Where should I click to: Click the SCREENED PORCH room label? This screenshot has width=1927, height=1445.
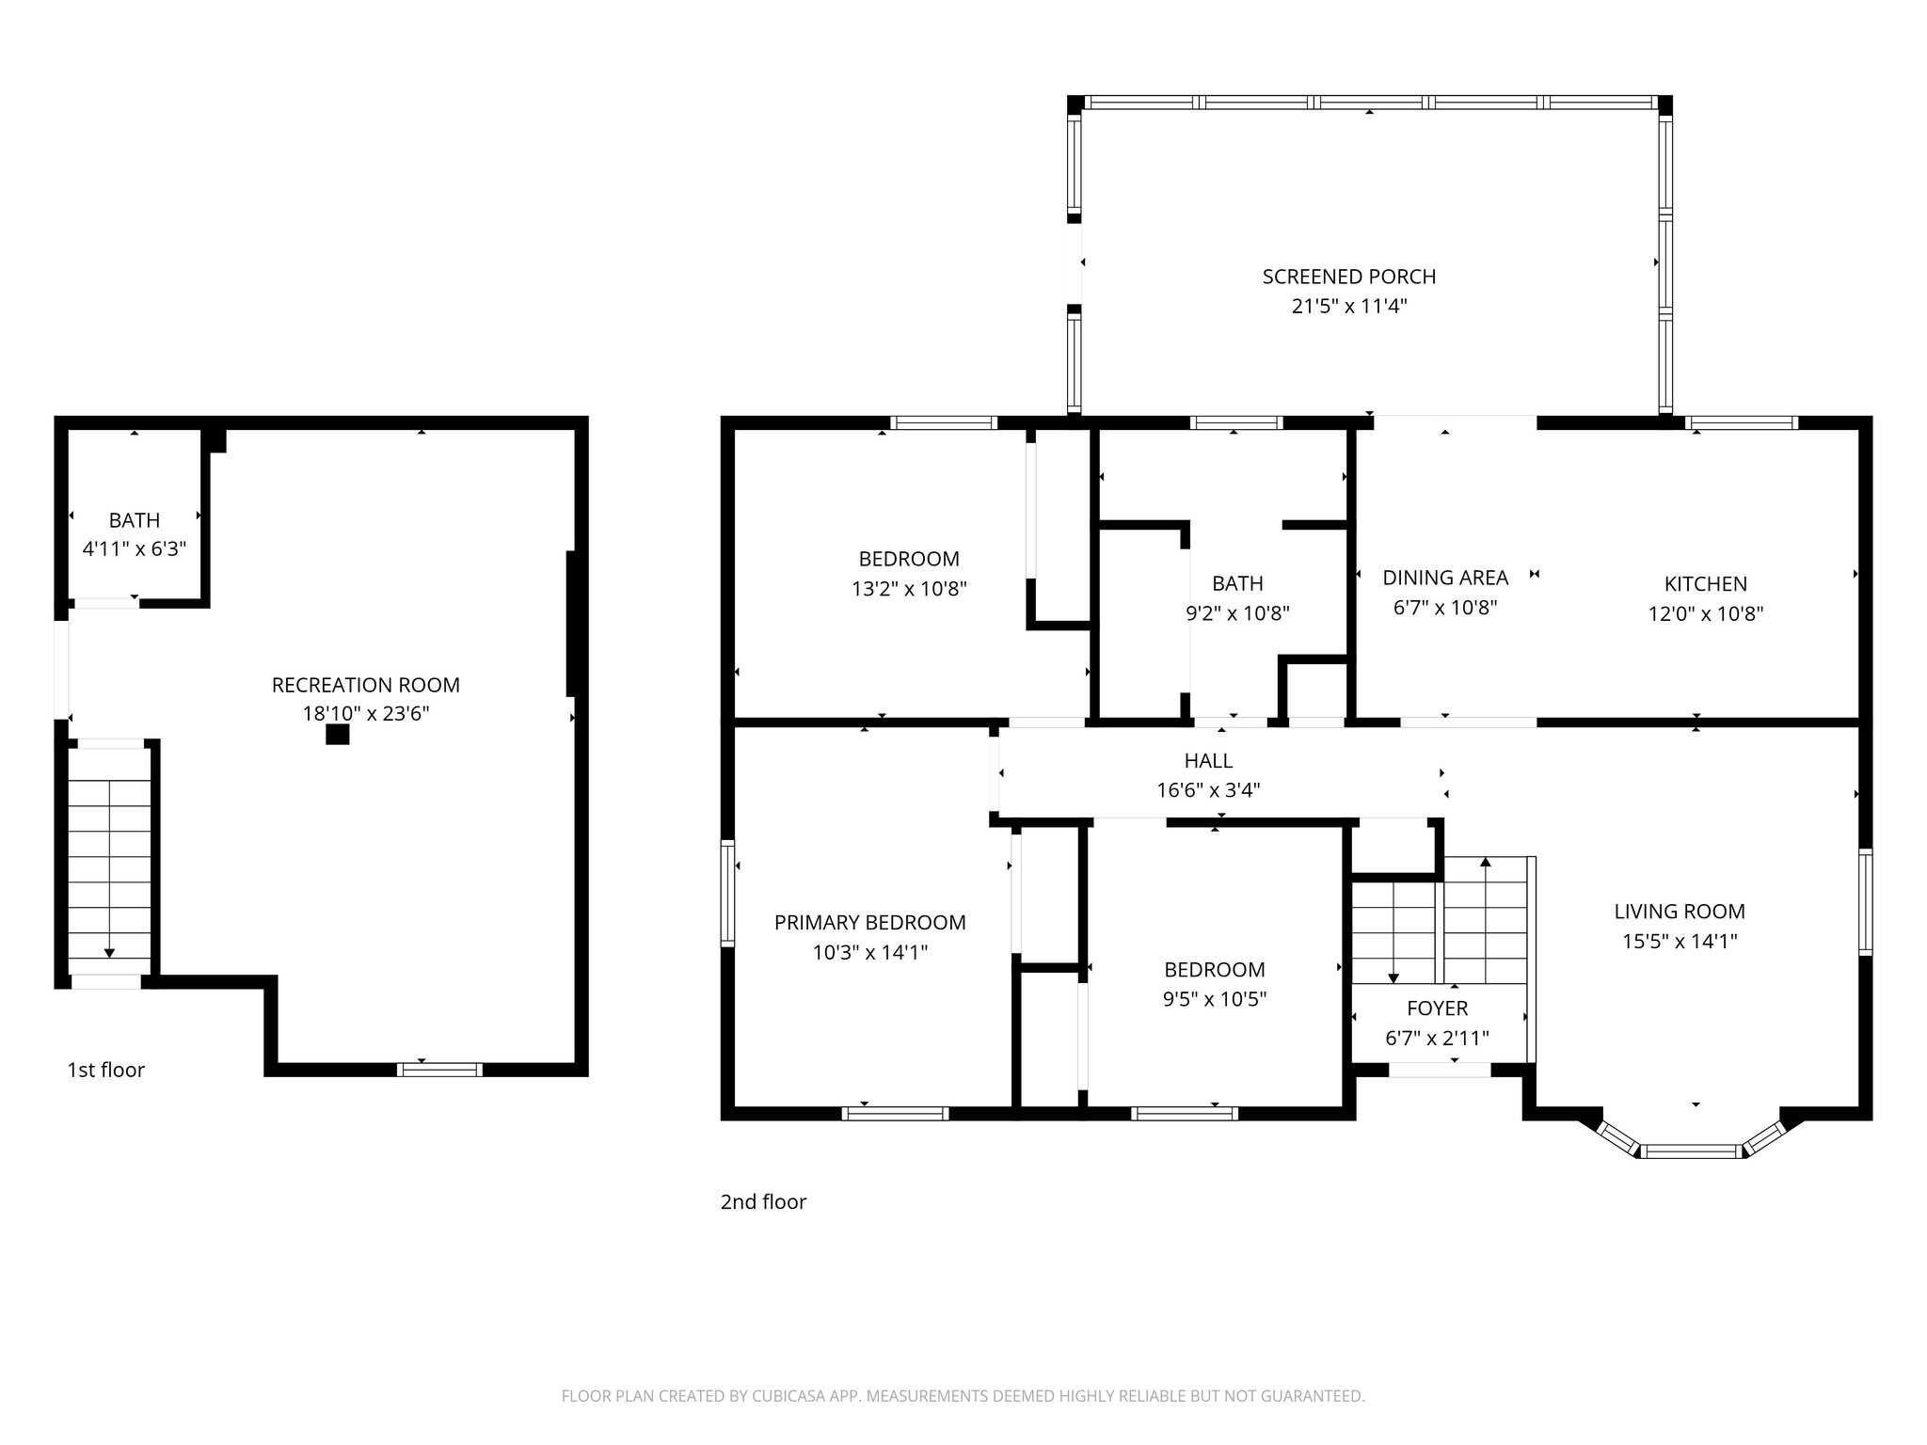(x=1348, y=277)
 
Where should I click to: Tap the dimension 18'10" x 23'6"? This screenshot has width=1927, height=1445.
(x=365, y=714)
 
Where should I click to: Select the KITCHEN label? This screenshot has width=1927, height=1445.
(x=1705, y=584)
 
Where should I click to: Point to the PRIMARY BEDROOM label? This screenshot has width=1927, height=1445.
(x=869, y=923)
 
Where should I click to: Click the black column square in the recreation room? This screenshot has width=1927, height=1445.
(x=337, y=735)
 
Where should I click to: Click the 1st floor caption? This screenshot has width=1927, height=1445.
(x=105, y=1070)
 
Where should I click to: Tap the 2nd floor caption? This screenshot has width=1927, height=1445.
(x=763, y=1201)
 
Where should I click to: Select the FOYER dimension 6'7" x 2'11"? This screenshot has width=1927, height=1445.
(x=1437, y=1039)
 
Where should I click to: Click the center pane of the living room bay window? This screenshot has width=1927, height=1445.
(x=1691, y=1151)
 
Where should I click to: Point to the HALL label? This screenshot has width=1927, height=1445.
(x=1208, y=760)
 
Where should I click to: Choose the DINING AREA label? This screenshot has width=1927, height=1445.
(x=1444, y=578)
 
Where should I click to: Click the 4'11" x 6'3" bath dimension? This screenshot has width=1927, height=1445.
(x=135, y=548)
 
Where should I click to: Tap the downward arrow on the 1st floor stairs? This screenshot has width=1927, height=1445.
(x=109, y=951)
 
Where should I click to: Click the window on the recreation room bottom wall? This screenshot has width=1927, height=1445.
(x=439, y=1069)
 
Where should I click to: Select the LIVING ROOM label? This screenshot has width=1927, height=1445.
(x=1680, y=912)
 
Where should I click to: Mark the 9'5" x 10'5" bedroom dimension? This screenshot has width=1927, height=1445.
(x=1214, y=999)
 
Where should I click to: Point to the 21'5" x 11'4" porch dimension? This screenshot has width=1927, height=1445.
(x=1348, y=306)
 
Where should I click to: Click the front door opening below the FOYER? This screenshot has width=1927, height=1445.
(x=1440, y=1070)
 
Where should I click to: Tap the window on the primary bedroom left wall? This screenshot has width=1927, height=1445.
(x=727, y=893)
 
